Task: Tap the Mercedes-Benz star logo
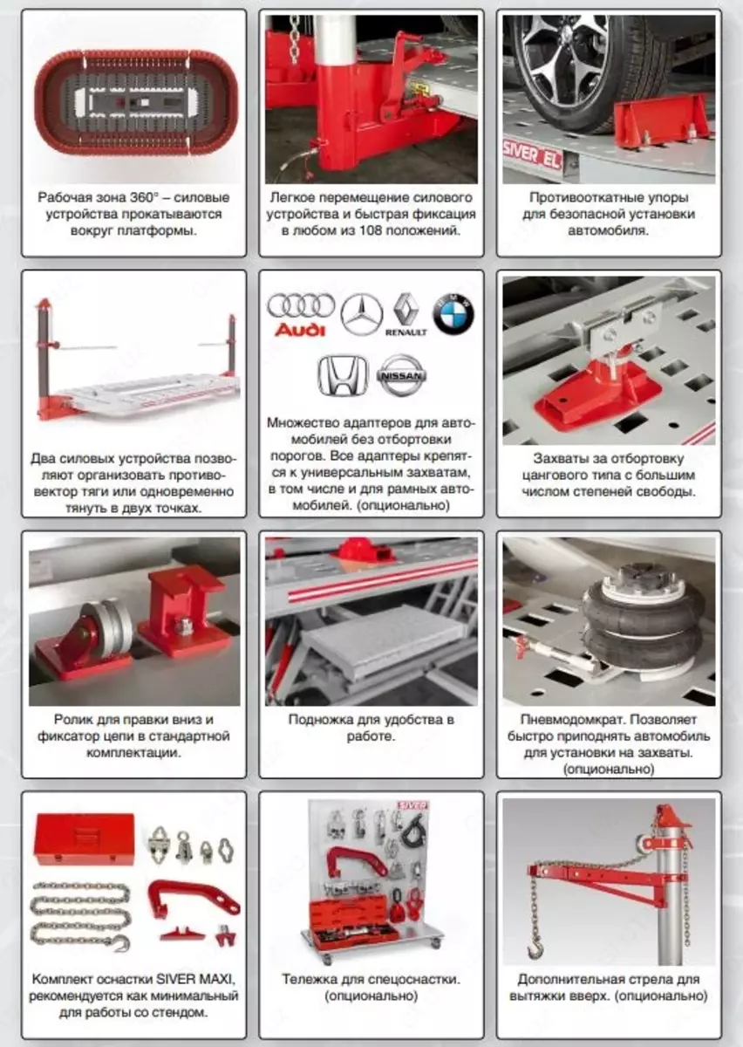coord(361,314)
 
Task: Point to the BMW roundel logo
coord(453,313)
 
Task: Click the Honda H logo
coord(343,375)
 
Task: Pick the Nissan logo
coord(402,375)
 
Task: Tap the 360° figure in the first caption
coord(142,197)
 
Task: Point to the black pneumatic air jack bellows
coord(643,619)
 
